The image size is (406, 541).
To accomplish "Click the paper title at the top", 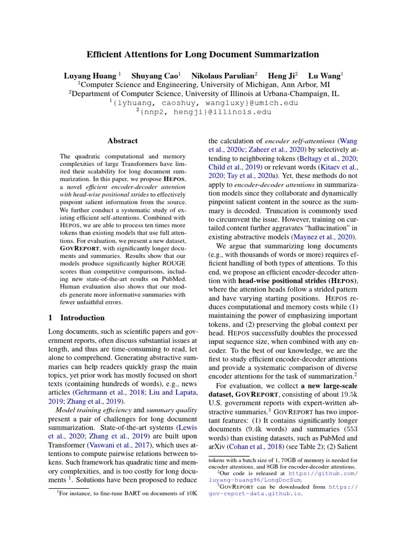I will point(203,54).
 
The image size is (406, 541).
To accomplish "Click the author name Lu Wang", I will point(324,75).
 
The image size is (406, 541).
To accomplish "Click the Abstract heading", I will point(122,141).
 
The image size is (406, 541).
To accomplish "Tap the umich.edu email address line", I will point(203,102).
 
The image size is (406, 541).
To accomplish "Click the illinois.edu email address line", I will point(203,112).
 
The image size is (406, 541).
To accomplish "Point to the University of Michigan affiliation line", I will point(203,84).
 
